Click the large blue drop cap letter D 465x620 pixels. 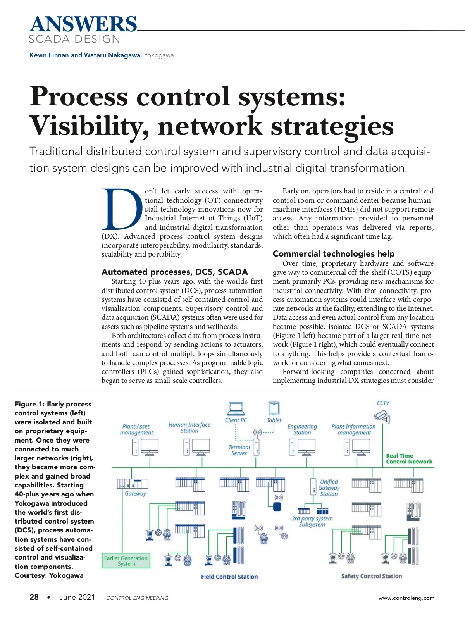click(122, 209)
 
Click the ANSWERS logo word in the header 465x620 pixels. click(83, 24)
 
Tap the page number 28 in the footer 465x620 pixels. click(34, 597)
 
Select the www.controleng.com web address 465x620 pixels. click(406, 598)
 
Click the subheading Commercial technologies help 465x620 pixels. click(333, 253)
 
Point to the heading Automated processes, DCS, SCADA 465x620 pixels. click(174, 272)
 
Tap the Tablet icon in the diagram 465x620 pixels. click(274, 408)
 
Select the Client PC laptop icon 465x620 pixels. click(236, 408)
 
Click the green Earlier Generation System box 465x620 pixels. click(126, 561)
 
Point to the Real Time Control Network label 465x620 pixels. click(409, 459)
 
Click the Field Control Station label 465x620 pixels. click(229, 577)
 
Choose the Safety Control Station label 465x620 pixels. click(372, 576)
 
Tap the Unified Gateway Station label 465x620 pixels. click(329, 487)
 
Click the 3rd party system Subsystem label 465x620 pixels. click(312, 521)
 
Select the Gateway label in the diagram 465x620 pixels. click(136, 493)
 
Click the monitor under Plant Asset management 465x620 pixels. click(149, 447)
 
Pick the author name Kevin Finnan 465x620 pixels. click(49, 55)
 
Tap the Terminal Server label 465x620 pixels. click(239, 450)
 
